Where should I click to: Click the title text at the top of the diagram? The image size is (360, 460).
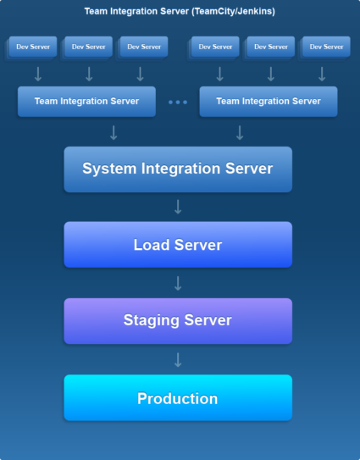pos(180,12)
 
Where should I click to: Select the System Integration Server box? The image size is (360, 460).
pos(178,169)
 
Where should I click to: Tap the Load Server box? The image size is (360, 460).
pos(178,245)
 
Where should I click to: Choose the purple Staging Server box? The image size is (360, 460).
pos(178,320)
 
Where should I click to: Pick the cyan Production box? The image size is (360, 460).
pos(178,398)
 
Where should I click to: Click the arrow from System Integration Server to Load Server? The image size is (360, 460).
pos(178,207)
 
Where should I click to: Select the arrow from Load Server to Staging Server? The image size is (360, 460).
pos(178,283)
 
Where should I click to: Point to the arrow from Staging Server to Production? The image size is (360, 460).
pos(178,359)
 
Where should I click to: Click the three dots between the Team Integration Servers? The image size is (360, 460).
pos(178,102)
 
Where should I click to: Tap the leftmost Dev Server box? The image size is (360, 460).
pos(34,47)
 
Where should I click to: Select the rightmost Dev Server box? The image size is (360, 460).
pos(326,47)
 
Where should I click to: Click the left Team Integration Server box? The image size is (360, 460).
pos(87,101)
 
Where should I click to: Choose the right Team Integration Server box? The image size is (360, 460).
pos(269,101)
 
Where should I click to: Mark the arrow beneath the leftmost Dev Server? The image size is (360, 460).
pos(38,74)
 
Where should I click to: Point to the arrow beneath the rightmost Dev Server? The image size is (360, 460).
pos(322,74)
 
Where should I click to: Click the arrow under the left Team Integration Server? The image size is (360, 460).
pos(114,132)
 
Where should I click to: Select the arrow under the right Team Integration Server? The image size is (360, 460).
pos(240,132)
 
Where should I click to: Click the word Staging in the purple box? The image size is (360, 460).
pos(150,320)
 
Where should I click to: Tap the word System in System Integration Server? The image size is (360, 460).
pos(109,169)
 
